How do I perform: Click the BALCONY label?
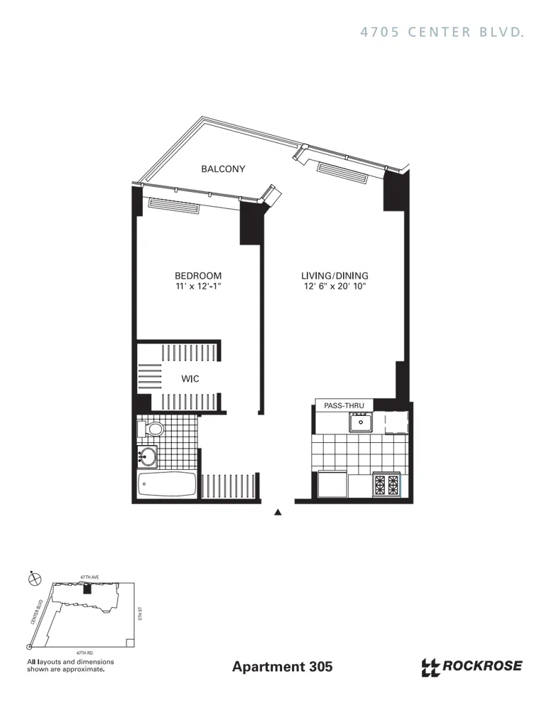(222, 169)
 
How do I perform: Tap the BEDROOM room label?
(198, 276)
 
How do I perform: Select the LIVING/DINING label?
(335, 276)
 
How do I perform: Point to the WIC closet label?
(190, 379)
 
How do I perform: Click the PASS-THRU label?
(344, 405)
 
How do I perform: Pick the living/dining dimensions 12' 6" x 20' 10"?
(335, 287)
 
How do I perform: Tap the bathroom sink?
(148, 455)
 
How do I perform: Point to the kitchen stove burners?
(387, 485)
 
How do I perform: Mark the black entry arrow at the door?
(278, 511)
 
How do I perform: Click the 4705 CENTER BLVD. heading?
(442, 32)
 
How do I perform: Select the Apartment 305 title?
(282, 667)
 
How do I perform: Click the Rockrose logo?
(472, 666)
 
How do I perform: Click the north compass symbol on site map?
(33, 579)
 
